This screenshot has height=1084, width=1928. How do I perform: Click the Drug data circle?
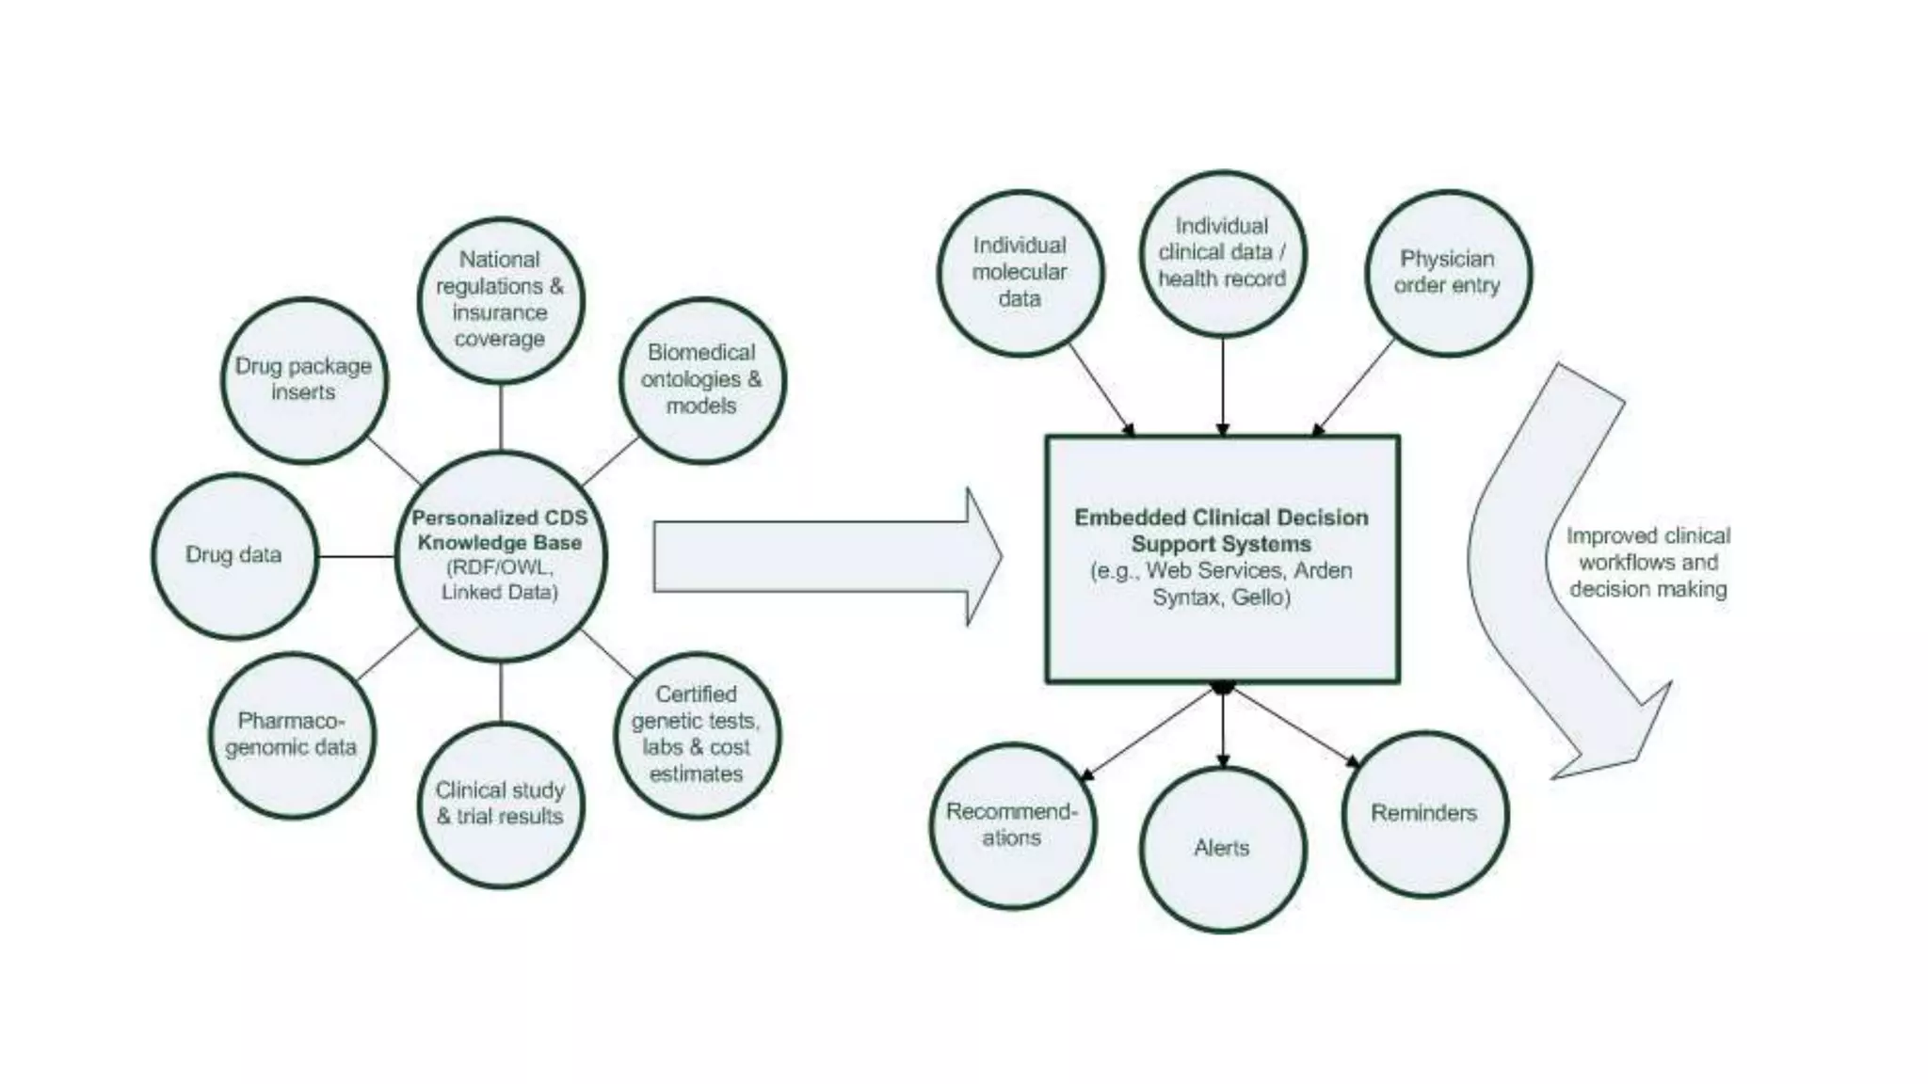[233, 555]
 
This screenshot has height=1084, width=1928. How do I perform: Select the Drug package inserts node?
[304, 379]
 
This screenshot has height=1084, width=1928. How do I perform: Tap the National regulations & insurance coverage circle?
[500, 299]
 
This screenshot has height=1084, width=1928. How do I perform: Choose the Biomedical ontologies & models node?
[701, 379]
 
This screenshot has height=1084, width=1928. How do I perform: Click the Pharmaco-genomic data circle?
[292, 735]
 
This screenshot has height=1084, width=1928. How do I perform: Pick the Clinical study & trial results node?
[500, 805]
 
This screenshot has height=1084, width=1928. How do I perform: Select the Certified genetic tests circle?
[697, 734]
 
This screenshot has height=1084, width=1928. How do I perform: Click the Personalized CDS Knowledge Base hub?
[500, 555]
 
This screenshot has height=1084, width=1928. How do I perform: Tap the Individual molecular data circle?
[1020, 272]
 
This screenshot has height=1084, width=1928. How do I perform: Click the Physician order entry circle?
[1447, 273]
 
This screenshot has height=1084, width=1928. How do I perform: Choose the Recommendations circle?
[1012, 825]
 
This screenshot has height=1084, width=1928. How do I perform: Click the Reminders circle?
[1423, 813]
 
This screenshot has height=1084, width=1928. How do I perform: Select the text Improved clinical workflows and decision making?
[1647, 563]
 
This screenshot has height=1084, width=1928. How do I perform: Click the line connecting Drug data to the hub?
[356, 556]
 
